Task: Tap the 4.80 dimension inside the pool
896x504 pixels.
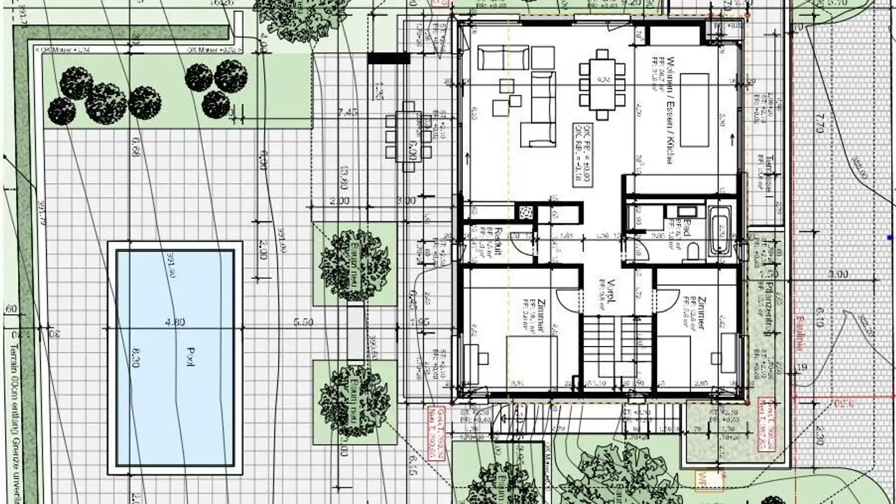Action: coord(176,323)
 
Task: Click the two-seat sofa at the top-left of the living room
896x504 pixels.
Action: coord(503,58)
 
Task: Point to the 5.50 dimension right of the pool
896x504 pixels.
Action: coord(303,323)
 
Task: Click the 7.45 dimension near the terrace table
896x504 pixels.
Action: coord(348,113)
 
